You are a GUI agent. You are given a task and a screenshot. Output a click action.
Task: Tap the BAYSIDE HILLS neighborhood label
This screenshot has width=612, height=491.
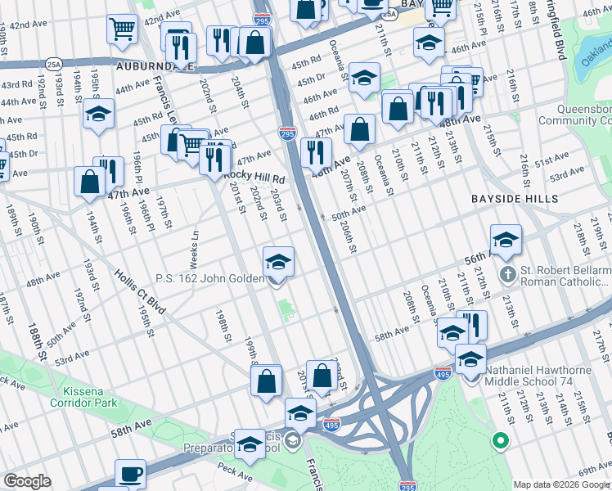click(x=515, y=199)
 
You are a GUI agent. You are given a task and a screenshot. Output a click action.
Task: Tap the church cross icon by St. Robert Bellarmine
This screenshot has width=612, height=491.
click(x=507, y=273)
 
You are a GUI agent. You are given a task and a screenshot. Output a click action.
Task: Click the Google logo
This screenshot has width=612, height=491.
click(x=27, y=480)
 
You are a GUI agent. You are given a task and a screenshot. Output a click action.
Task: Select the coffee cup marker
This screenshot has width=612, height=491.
click(x=130, y=475)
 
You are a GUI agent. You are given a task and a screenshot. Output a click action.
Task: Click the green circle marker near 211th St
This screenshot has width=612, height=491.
click(x=501, y=443)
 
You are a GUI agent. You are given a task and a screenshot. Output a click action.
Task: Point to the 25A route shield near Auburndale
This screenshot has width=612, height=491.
click(x=54, y=63)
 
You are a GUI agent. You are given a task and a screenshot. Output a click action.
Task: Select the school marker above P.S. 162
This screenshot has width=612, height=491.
click(x=278, y=264)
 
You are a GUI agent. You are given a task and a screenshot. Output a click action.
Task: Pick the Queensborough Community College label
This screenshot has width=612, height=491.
click(x=572, y=115)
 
